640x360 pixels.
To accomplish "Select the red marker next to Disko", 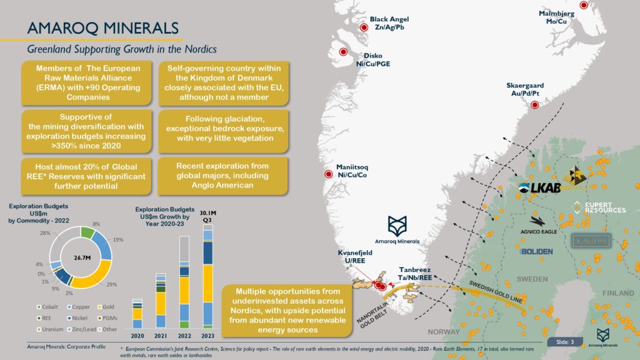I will pos(343,52).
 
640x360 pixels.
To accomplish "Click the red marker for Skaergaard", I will pos(534,105).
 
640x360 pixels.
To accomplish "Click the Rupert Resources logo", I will pos(599,207).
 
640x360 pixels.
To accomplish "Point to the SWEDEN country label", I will pos(532,279).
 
